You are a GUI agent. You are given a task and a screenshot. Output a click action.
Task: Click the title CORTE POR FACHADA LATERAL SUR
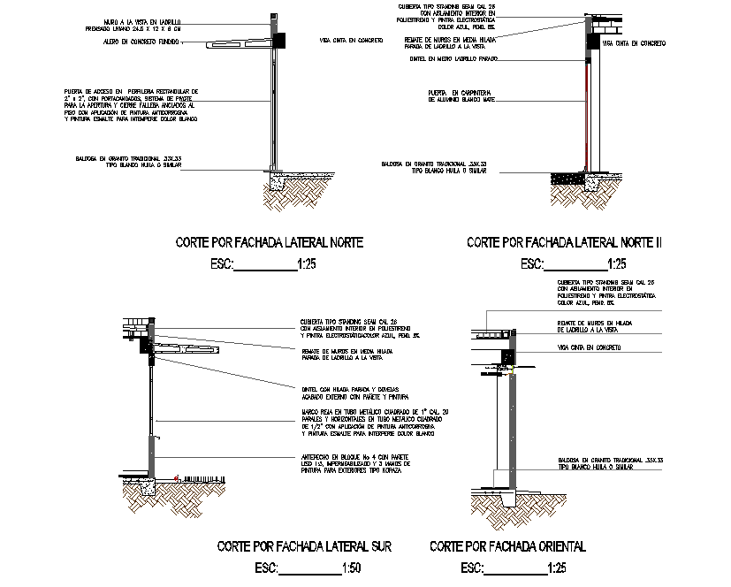point(303,546)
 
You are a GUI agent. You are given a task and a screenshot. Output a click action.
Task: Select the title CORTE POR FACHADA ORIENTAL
point(507,546)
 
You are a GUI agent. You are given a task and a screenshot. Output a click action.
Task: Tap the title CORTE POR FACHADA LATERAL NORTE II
point(564,241)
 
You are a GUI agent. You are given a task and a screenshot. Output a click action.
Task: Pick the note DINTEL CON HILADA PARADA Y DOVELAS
point(352,393)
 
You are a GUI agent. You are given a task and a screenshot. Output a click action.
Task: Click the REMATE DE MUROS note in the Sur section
point(346,354)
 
